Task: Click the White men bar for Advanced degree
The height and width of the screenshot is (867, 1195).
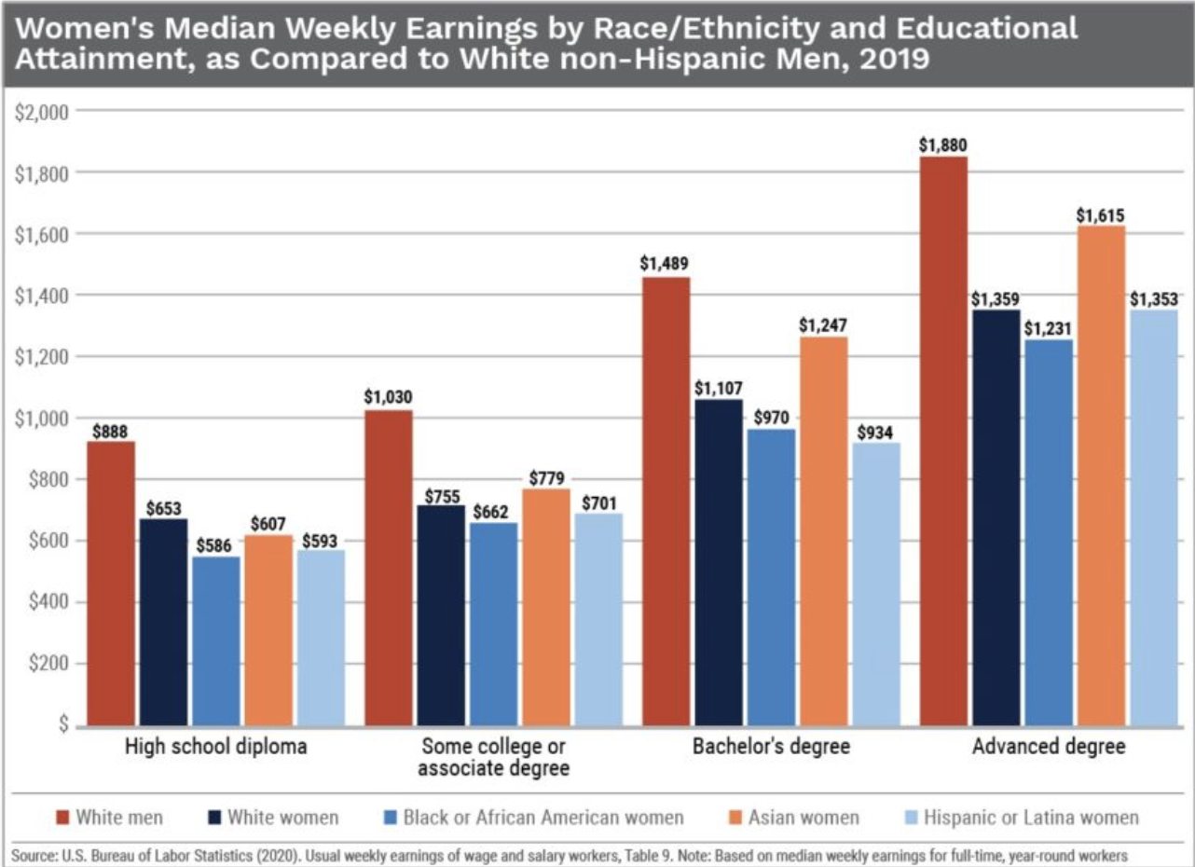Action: (x=943, y=442)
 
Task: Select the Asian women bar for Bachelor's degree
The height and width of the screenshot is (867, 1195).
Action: (x=824, y=531)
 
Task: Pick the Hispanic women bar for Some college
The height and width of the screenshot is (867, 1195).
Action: (x=598, y=620)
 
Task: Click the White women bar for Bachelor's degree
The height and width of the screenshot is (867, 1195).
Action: (x=720, y=563)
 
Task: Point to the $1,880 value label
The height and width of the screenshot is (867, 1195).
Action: (x=942, y=144)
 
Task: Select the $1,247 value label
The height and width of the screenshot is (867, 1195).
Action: (x=823, y=325)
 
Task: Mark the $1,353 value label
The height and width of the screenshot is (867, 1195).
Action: (x=1154, y=299)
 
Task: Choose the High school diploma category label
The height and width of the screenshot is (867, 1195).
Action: (x=215, y=747)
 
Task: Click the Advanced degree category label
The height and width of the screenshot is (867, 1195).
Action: (x=1049, y=747)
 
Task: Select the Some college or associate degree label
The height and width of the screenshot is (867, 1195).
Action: (x=493, y=758)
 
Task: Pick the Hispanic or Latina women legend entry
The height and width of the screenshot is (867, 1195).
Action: (x=1031, y=818)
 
